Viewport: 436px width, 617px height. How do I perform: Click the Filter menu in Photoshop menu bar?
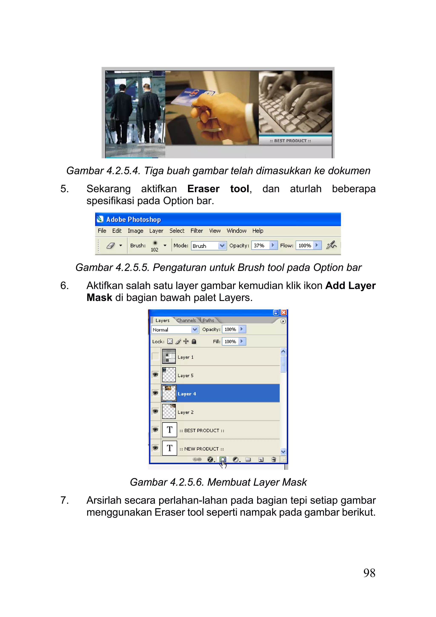pyautogui.click(x=196, y=231)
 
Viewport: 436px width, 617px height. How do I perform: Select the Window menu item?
pyautogui.click(x=236, y=231)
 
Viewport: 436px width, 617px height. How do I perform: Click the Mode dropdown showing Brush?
pyautogui.click(x=208, y=246)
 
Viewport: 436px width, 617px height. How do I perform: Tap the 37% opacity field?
pyautogui.click(x=260, y=245)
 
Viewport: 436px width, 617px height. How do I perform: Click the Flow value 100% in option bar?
pyautogui.click(x=305, y=245)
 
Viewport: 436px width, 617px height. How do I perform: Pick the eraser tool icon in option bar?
pyautogui.click(x=111, y=245)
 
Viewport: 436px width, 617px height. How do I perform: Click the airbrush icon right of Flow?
pyautogui.click(x=331, y=245)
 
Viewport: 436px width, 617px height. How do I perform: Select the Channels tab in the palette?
pyautogui.click(x=186, y=320)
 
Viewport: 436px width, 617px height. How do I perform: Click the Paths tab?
pyautogui.click(x=208, y=320)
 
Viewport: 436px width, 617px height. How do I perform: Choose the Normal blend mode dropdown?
pyautogui.click(x=175, y=329)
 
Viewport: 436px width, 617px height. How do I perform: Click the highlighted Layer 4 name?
pyautogui.click(x=187, y=394)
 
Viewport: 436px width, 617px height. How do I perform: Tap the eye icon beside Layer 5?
pyautogui.click(x=155, y=375)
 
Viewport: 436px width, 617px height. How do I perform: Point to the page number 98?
pyautogui.click(x=369, y=573)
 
